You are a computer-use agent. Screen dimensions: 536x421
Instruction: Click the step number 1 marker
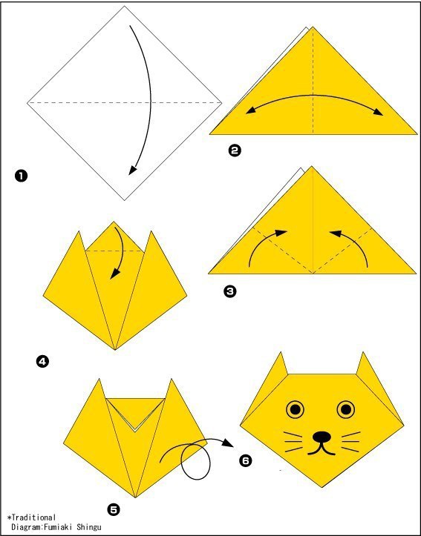22,176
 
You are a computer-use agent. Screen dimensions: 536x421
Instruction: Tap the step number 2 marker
234,151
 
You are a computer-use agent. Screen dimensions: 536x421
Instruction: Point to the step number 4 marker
42,362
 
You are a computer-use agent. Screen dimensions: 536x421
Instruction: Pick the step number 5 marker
114,509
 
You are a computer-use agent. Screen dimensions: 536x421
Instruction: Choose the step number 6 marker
245,460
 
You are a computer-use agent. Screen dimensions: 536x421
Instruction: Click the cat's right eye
346,408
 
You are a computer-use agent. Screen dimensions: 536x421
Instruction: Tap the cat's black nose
321,437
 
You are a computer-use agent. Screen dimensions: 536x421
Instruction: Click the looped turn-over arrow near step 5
195,456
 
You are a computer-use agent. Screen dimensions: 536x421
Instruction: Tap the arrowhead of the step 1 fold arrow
132,171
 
